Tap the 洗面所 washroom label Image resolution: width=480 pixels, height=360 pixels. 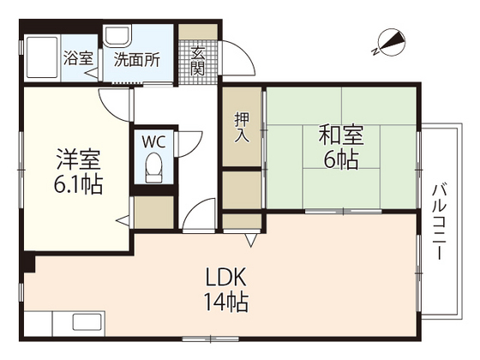(137, 60)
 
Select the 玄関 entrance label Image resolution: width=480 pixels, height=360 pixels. (198, 59)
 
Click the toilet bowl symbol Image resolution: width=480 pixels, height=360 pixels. (154, 168)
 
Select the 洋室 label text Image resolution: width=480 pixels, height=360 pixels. (80, 160)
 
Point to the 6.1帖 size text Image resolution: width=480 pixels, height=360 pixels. (80, 185)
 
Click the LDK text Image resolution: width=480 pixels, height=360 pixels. (226, 278)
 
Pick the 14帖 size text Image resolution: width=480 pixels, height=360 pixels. (226, 302)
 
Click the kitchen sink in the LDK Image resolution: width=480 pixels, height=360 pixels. (86, 326)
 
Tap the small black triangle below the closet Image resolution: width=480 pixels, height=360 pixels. (251, 242)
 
